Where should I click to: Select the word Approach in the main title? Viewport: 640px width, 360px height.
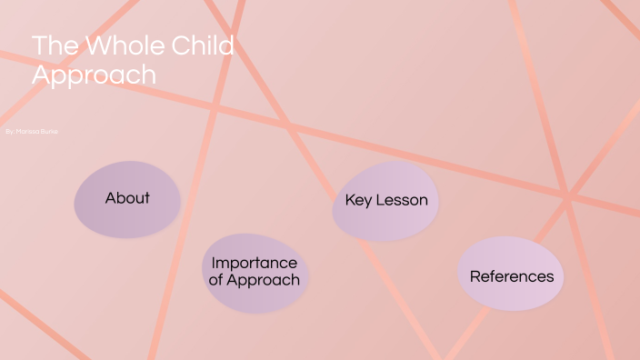point(94,75)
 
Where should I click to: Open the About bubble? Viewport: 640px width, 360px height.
point(126,199)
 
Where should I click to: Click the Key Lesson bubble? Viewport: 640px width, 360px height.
point(386,201)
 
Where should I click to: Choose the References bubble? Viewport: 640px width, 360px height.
point(511,275)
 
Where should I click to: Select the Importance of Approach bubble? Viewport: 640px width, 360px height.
point(255,272)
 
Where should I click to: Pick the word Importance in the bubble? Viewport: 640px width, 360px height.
point(255,264)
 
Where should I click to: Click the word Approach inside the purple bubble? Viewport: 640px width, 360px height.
point(263,281)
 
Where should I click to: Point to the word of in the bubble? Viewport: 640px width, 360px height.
point(216,280)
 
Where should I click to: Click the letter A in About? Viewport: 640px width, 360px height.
point(110,198)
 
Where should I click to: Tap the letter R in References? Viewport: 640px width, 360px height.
point(475,276)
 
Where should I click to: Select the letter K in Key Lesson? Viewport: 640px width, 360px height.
point(350,201)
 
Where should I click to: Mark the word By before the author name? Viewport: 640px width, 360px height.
point(9,133)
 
